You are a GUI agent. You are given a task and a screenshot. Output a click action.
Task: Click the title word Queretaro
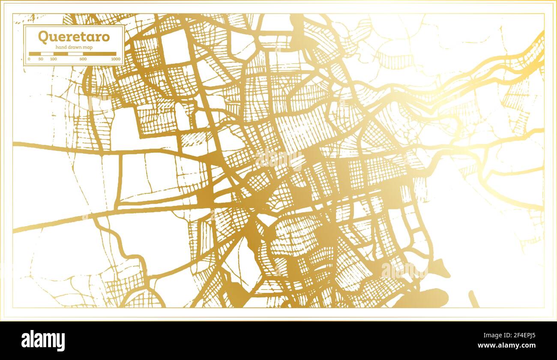[74, 37]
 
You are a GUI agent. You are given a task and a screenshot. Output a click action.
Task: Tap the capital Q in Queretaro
[43, 37]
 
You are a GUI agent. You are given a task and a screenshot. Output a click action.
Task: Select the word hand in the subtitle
[60, 47]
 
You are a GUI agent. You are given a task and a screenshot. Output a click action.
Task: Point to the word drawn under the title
[74, 47]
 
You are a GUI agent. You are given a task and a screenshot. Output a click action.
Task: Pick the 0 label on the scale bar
[29, 59]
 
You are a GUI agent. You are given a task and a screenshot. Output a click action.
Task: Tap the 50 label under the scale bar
[41, 59]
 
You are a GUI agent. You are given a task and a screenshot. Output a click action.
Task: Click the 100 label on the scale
[53, 59]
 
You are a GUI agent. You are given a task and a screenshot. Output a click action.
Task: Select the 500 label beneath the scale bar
[83, 59]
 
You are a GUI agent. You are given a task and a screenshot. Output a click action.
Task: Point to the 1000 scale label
[115, 59]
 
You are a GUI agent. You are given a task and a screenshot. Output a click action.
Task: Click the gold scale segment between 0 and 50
[35, 54]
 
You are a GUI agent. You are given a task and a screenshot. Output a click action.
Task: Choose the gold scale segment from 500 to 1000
[99, 54]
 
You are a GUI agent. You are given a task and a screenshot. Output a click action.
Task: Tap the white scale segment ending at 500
[75, 54]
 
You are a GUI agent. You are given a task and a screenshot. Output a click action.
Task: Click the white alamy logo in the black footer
[43, 341]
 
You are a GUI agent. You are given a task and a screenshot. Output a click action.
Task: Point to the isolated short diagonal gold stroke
[473, 299]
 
